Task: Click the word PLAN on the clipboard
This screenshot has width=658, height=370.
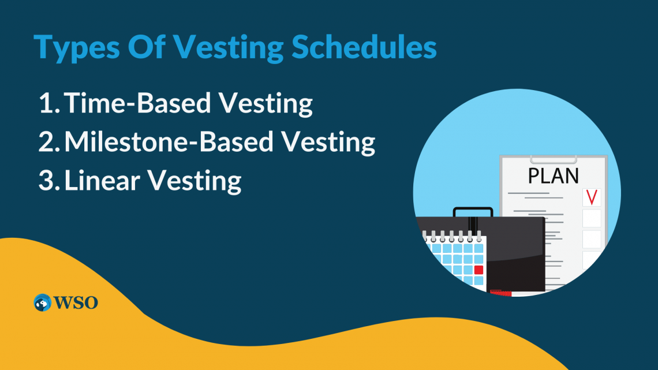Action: [x=554, y=175]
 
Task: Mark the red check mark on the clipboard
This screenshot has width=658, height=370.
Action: [x=591, y=197]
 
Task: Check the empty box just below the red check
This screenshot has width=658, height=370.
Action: [x=591, y=219]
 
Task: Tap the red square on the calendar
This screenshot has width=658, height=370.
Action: [x=478, y=270]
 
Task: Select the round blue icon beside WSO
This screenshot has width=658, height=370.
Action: [x=43, y=302]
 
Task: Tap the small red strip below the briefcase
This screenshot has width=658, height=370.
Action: [x=500, y=293]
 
